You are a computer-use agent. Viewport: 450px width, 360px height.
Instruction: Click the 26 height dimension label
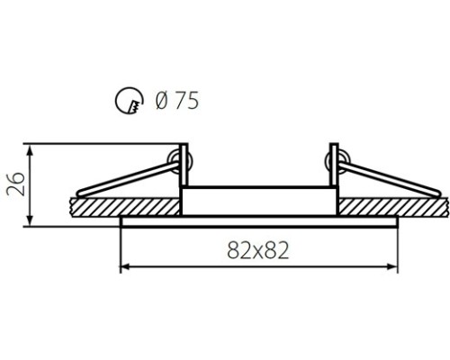pyautogui.click(x=15, y=184)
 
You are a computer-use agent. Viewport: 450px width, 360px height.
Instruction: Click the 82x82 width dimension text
pyautogui.click(x=258, y=250)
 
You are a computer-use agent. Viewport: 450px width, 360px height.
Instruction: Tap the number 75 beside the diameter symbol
pyautogui.click(x=186, y=100)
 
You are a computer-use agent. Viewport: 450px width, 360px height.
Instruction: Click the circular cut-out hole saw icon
pyautogui.click(x=129, y=100)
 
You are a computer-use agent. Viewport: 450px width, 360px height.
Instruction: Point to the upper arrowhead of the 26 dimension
pyautogui.click(x=30, y=149)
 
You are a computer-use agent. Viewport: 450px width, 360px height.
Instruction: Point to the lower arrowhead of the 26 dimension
pyautogui.click(x=30, y=220)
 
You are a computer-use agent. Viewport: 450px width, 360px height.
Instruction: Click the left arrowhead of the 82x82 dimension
pyautogui.click(x=124, y=266)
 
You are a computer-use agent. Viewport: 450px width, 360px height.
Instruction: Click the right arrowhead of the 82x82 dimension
pyautogui.click(x=393, y=266)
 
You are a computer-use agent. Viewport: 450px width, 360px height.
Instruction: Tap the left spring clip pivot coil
pyautogui.click(x=180, y=161)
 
